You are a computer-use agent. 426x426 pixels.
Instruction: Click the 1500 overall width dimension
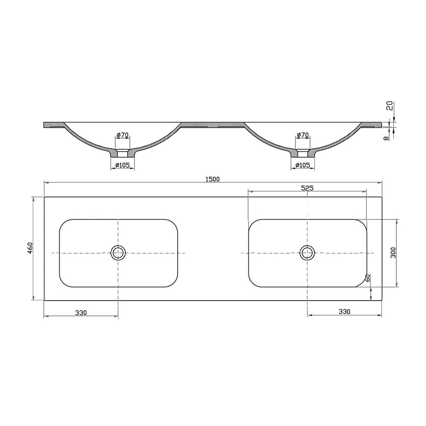[x=212, y=179]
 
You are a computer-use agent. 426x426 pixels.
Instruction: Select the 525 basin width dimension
[x=307, y=188]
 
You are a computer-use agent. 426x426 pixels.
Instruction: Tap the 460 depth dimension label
[x=30, y=248]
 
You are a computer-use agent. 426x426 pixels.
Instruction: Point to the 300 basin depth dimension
[x=393, y=252]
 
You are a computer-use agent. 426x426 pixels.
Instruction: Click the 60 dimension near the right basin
[x=368, y=278]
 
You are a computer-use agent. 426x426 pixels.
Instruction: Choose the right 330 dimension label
[x=344, y=312]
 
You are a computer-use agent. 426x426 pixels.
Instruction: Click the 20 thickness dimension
[x=389, y=106]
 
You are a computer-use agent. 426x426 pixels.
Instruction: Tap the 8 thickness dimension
[x=387, y=137]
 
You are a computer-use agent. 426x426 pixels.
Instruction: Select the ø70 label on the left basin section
[x=123, y=135]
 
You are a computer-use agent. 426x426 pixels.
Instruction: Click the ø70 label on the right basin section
[x=303, y=135]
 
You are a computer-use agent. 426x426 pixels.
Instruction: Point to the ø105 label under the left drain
[x=123, y=165]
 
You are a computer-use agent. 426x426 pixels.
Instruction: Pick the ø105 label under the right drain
[x=303, y=165]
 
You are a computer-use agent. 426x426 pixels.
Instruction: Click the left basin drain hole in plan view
[x=118, y=252]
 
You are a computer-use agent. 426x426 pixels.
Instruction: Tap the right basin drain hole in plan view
[x=307, y=252]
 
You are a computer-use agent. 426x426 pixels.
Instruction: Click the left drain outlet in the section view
[x=122, y=153]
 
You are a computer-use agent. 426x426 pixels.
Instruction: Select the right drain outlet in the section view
[x=303, y=153]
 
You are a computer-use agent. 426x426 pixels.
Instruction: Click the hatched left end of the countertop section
[x=53, y=125]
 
